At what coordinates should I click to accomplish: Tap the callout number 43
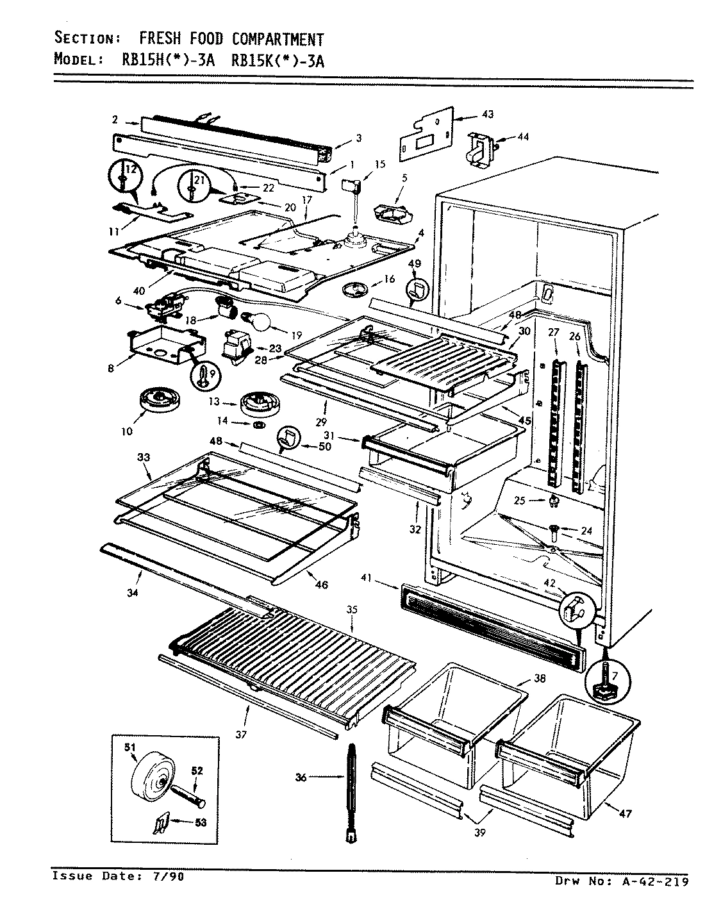[x=488, y=115]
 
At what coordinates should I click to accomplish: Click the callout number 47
[x=626, y=814]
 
